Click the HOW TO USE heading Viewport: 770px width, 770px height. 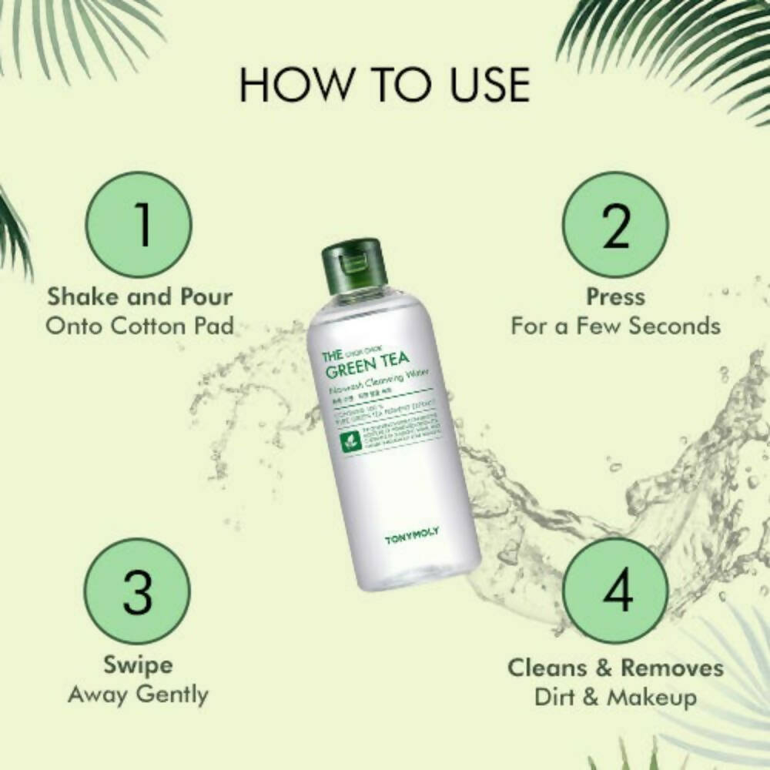(x=384, y=85)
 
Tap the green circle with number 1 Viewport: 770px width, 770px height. (x=139, y=225)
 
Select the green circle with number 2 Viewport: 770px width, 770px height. (x=615, y=225)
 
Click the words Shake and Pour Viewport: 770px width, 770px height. (x=139, y=296)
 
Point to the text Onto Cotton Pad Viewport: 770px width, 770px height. (x=139, y=325)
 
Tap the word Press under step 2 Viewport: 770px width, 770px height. (x=615, y=296)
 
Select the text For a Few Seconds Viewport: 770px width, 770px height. (x=615, y=325)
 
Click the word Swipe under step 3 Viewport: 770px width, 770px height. (x=139, y=665)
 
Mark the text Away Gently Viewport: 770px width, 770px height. (x=139, y=694)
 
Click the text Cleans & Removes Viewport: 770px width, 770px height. (x=615, y=667)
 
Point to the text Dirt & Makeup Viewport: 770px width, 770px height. (x=615, y=697)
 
